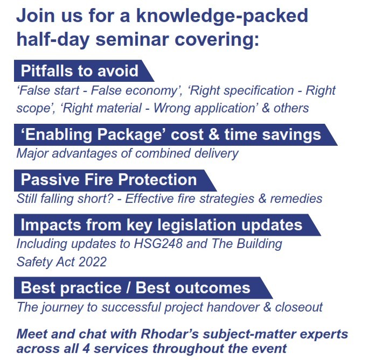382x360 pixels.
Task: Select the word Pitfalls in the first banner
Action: pos(47,71)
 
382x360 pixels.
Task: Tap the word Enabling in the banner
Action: pos(59,135)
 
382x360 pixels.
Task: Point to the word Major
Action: pos(33,154)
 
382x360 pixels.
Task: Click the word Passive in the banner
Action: pos(50,180)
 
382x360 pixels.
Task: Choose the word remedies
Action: pos(296,199)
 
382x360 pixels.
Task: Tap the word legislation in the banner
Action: pos(197,225)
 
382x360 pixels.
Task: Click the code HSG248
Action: pos(158,243)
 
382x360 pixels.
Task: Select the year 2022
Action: pos(93,262)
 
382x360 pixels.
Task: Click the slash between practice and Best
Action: pos(128,288)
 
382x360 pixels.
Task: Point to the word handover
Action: pos(233,307)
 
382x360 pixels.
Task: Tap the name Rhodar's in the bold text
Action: pos(170,334)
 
